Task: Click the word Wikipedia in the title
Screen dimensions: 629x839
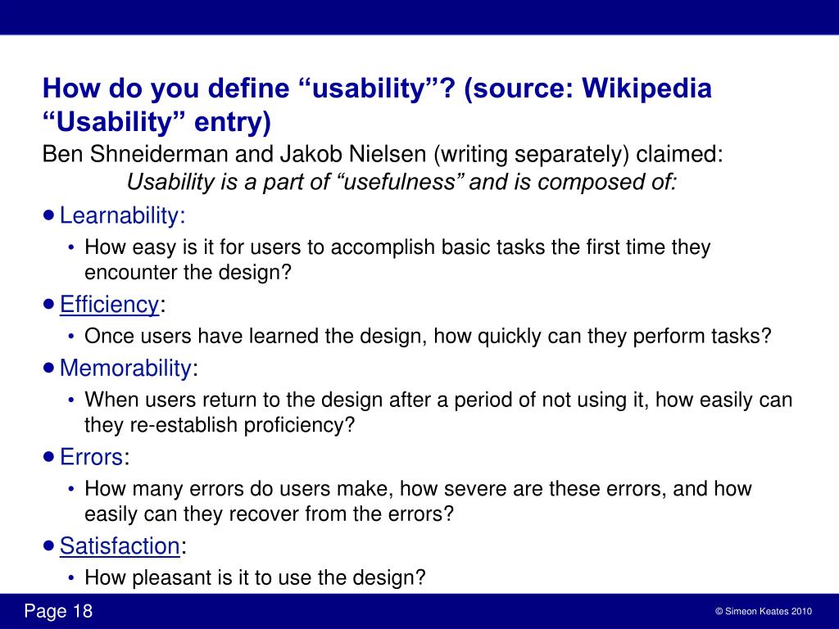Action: (647, 88)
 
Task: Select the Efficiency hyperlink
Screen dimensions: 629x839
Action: (109, 305)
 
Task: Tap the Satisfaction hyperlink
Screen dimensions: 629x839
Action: (120, 545)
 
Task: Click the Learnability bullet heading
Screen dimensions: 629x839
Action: (121, 216)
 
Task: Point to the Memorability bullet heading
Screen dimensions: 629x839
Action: (125, 369)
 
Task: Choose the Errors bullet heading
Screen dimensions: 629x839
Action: (92, 457)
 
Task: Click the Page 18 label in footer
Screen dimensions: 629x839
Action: (59, 612)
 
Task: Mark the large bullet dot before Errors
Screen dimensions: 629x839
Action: (49, 456)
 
